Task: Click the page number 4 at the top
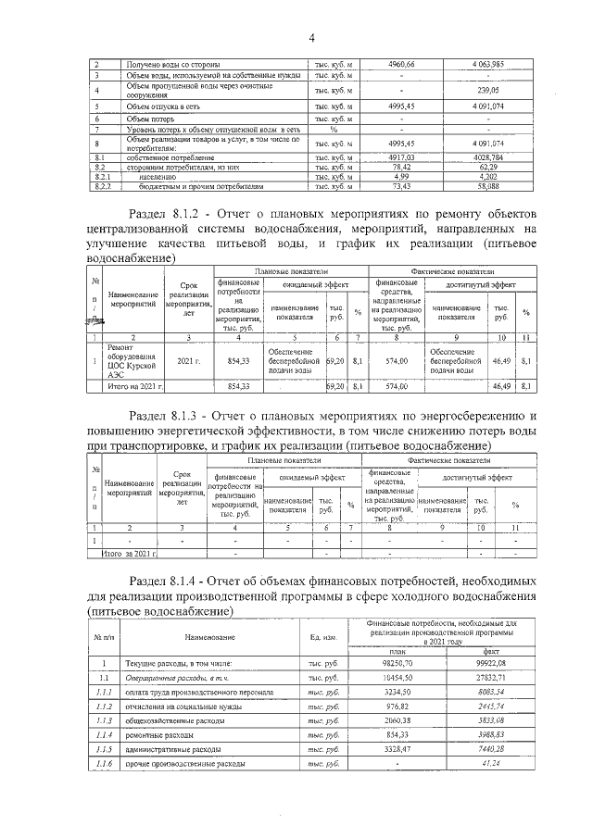(311, 38)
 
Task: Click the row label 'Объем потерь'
(150, 119)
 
